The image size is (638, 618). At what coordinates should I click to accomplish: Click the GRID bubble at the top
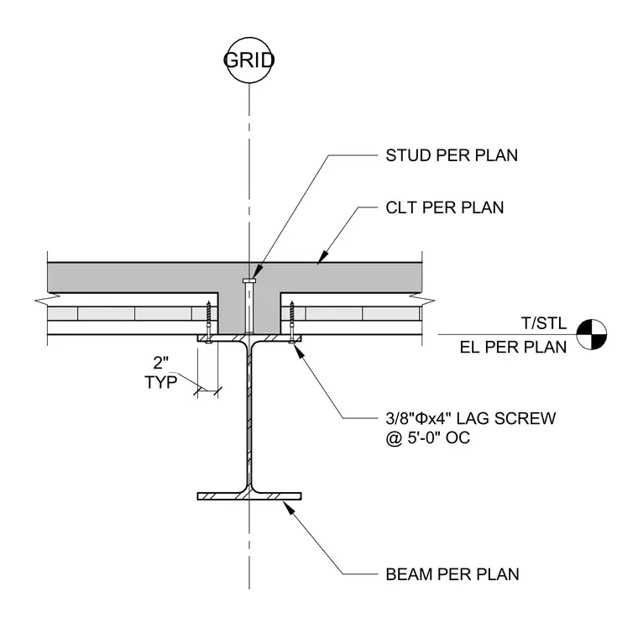point(249,60)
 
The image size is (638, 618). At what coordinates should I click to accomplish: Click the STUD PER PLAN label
point(452,155)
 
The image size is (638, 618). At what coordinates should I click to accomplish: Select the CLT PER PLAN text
point(445,207)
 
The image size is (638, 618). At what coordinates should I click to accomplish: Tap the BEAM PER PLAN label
point(452,574)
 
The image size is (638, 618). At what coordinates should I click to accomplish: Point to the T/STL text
point(544,323)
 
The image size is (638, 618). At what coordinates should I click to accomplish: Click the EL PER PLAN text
point(514,348)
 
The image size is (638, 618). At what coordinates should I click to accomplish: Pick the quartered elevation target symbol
point(592,335)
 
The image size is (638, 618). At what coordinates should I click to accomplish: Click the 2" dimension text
point(160,363)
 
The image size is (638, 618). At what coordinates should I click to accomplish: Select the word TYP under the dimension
point(160,382)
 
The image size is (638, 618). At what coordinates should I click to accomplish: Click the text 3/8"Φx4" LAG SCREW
point(471,418)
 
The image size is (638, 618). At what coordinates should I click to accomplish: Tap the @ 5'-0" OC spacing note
point(428,438)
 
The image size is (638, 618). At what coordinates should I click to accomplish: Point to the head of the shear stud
point(249,280)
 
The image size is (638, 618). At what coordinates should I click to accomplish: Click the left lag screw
point(209,322)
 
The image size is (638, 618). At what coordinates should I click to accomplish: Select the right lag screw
point(292,322)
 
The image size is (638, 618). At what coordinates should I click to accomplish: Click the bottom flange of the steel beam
point(249,496)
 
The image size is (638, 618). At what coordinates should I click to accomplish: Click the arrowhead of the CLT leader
point(322,257)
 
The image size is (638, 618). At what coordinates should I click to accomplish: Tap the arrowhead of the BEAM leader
point(288,507)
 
